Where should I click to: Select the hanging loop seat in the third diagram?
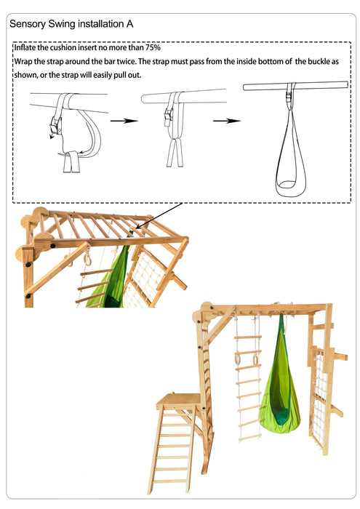pyautogui.click(x=290, y=175)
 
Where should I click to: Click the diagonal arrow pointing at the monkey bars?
pyautogui.click(x=156, y=217)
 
